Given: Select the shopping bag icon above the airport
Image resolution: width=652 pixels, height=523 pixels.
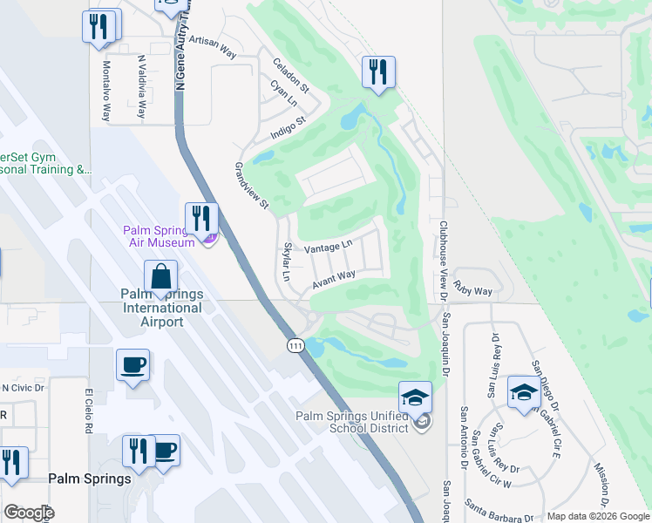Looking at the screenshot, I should coord(161,279).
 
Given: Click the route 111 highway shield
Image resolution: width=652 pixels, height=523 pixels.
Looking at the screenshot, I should coord(295,345).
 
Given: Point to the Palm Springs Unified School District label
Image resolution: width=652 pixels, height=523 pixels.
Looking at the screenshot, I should coord(351,422).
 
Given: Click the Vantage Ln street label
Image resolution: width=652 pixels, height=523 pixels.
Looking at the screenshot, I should coord(328,248).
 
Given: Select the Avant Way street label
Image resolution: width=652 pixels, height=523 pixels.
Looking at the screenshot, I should coord(334,280).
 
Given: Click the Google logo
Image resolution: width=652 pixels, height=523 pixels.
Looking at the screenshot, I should coord(28,513).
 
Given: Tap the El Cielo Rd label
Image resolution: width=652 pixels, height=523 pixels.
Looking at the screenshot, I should coord(88,411).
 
